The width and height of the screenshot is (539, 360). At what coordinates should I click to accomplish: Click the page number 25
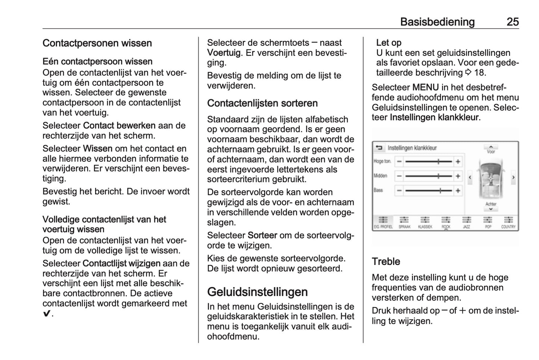[x=513, y=22]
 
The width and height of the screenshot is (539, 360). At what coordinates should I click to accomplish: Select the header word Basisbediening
[x=437, y=22]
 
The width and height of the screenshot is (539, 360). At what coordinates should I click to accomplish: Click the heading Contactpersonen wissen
[x=97, y=43]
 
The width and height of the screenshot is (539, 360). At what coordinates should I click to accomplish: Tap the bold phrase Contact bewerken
[x=119, y=126]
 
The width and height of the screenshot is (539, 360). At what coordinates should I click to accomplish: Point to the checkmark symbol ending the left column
[x=46, y=314]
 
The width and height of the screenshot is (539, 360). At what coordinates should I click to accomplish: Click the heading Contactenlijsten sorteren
[x=262, y=103]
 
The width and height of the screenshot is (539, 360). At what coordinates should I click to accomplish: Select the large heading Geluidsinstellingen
[x=257, y=292]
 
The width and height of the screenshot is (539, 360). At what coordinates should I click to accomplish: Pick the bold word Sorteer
[x=262, y=236]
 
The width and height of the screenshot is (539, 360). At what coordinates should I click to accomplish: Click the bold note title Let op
[x=389, y=43]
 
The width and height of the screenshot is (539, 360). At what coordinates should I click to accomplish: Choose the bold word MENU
[x=425, y=88]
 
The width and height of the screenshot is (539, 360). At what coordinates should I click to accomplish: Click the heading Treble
[x=386, y=262]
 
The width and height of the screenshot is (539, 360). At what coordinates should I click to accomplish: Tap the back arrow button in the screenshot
[x=379, y=148]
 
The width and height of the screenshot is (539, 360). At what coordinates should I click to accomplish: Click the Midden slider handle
[x=439, y=176]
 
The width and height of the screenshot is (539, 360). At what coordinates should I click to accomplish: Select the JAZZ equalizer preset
[x=467, y=222]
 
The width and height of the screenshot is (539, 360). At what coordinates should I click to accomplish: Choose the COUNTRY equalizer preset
[x=508, y=222]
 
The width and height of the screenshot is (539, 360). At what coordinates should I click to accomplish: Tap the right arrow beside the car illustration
[x=513, y=177]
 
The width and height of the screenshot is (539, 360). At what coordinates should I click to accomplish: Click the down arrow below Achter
[x=491, y=209]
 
